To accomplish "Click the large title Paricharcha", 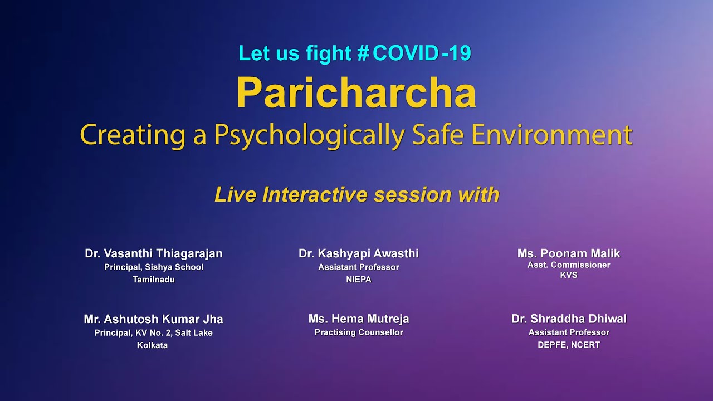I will [356, 92].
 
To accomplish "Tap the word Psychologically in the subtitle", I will [310, 135].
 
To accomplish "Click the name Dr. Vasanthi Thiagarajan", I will [154, 253].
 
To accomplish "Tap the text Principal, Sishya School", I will [154, 267].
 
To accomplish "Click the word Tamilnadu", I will [154, 280].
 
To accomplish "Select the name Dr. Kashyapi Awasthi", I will [359, 253].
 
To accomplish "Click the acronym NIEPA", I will [359, 280].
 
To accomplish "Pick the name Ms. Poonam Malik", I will [569, 253].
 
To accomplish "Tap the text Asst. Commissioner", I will [569, 265].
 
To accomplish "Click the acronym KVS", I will [569, 275].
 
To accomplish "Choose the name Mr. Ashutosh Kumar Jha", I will [154, 319].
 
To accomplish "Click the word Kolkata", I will [152, 345].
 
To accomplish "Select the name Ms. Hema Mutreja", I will [359, 319].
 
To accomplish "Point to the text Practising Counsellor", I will [359, 332].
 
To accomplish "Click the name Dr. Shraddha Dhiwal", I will [569, 319].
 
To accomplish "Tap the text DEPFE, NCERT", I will [569, 345].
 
